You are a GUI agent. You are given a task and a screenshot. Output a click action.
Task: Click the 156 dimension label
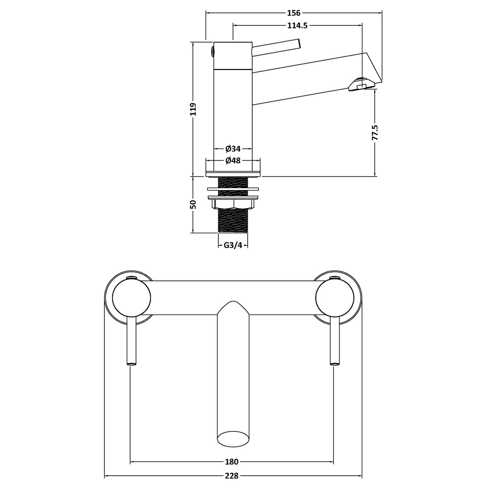click(x=294, y=13)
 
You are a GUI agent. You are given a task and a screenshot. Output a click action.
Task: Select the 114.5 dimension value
click(x=297, y=25)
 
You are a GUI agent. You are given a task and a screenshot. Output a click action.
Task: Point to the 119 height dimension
click(x=193, y=109)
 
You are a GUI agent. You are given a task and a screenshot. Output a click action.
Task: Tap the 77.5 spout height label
click(x=375, y=133)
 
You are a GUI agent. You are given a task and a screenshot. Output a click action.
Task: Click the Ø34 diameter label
click(x=233, y=149)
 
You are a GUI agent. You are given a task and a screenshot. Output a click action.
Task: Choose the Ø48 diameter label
click(x=233, y=161)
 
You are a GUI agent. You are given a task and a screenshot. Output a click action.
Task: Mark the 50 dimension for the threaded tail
click(x=193, y=204)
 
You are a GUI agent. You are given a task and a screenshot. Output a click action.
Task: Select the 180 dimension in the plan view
click(x=232, y=462)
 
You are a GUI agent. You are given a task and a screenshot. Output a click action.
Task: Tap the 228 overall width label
click(x=232, y=476)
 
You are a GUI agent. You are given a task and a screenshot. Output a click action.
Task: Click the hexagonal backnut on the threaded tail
click(x=233, y=204)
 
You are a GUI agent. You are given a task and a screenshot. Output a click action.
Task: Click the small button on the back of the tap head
click(x=212, y=51)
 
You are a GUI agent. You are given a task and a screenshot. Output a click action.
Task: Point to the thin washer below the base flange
click(x=233, y=189)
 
